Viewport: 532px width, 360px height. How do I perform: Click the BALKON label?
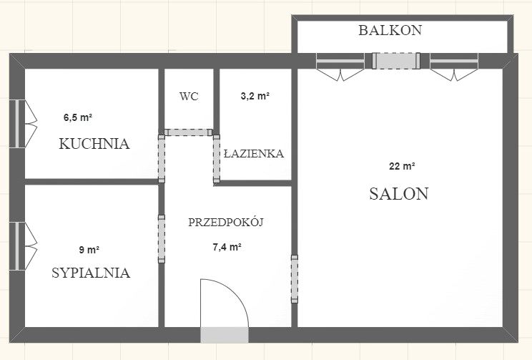pyautogui.click(x=390, y=30)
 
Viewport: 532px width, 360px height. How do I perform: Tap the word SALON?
pyautogui.click(x=399, y=193)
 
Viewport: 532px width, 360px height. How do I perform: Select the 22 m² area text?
pyautogui.click(x=402, y=166)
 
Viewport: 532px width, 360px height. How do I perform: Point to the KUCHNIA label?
pyautogui.click(x=94, y=144)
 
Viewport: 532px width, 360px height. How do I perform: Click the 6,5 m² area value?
pyautogui.click(x=78, y=117)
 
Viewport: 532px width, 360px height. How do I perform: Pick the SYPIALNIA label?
pyautogui.click(x=91, y=273)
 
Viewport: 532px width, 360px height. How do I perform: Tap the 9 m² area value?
pyautogui.click(x=89, y=250)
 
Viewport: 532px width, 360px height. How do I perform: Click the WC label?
pyautogui.click(x=189, y=97)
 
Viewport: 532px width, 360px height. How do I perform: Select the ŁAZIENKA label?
pyautogui.click(x=254, y=153)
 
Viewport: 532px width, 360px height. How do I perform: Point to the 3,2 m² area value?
pyautogui.click(x=255, y=96)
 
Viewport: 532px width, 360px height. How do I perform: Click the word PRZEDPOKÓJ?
pyautogui.click(x=226, y=222)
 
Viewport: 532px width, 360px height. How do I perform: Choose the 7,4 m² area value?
pyautogui.click(x=227, y=247)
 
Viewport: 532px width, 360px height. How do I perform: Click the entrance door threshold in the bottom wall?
pyautogui.click(x=225, y=335)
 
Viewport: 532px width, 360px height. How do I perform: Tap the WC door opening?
pyautogui.click(x=188, y=132)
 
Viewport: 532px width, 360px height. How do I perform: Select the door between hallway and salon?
pyautogui.click(x=295, y=279)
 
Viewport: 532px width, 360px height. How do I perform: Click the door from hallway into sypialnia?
pyautogui.click(x=162, y=239)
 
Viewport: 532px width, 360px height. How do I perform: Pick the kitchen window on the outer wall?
pyautogui.click(x=17, y=124)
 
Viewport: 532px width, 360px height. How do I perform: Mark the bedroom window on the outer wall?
pyautogui.click(x=17, y=246)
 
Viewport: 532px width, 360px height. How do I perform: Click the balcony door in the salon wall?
pyautogui.click(x=396, y=61)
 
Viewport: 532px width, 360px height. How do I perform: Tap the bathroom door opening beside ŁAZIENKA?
pyautogui.click(x=217, y=159)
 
